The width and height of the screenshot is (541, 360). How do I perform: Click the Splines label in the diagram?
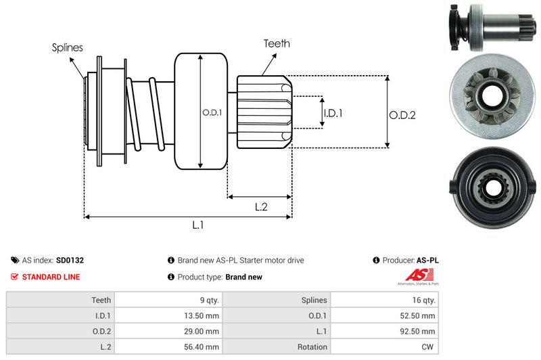coord(68,47)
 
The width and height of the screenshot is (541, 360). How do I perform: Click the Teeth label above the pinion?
coord(277,43)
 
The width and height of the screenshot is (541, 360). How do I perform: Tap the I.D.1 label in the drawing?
coord(333,113)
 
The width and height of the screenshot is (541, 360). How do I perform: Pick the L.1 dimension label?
coord(198,226)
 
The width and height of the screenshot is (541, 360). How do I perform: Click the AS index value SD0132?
coord(70,260)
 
